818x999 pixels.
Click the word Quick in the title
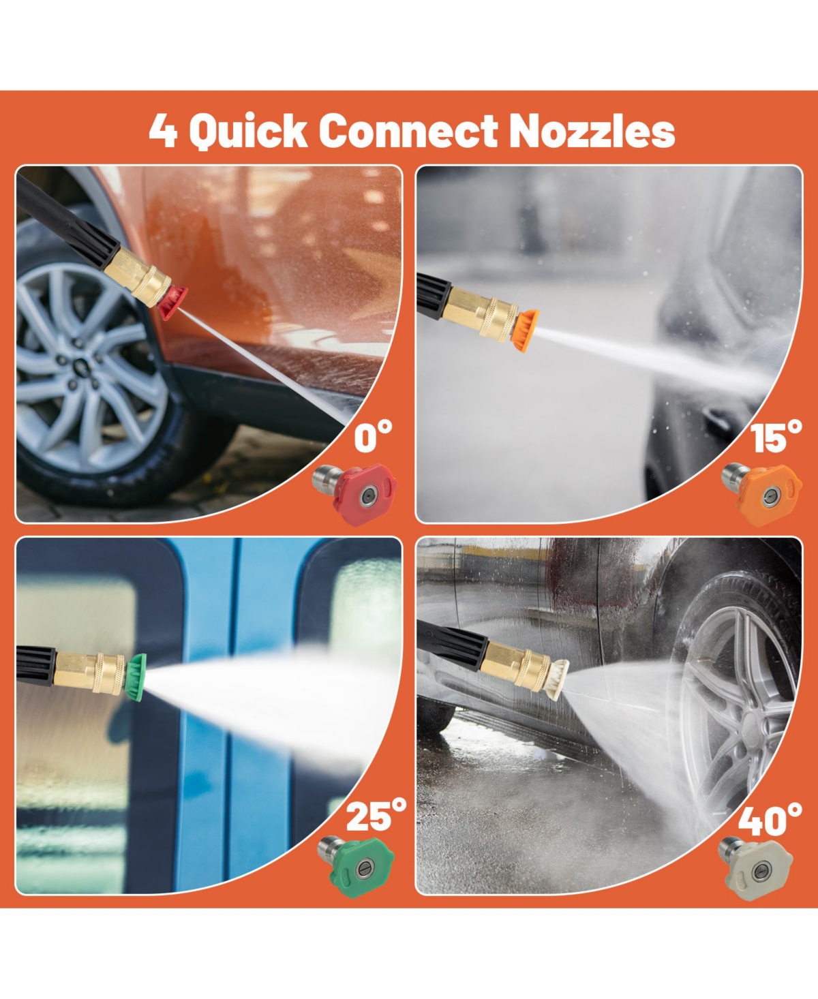(x=248, y=132)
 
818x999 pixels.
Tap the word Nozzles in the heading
(x=592, y=130)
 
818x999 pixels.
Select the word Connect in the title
(x=408, y=130)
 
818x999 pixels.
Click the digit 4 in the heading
(x=163, y=131)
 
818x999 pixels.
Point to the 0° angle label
(x=374, y=436)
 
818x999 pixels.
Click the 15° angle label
(x=776, y=436)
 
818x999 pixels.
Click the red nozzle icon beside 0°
(x=355, y=494)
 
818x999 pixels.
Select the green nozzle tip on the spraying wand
(x=136, y=677)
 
